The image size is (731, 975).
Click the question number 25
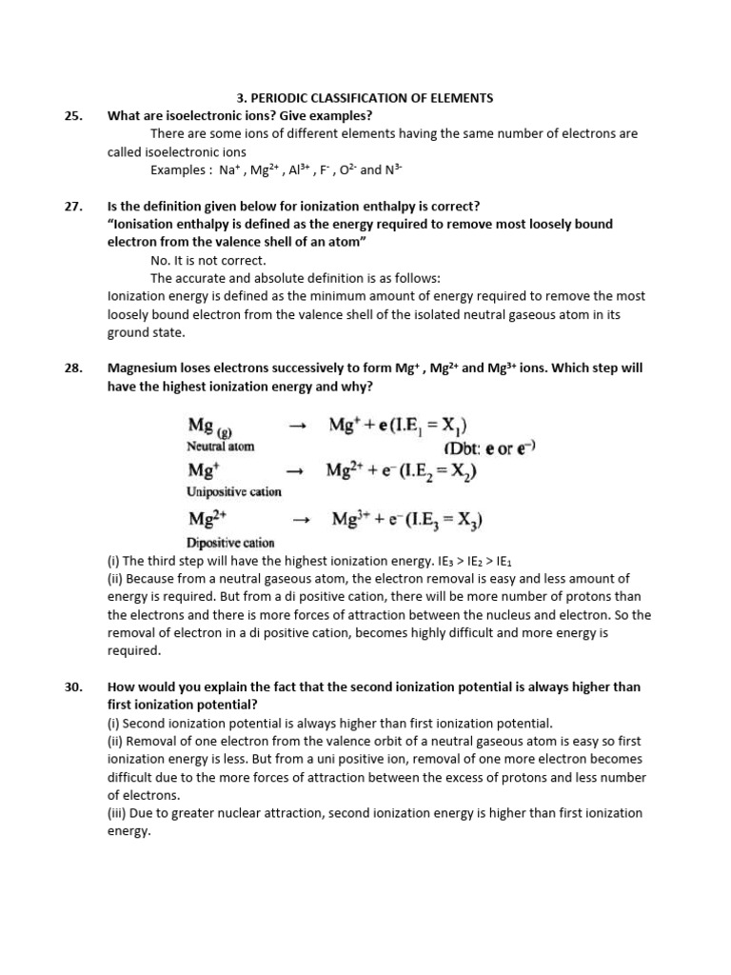pos(74,115)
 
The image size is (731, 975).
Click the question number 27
pos(74,206)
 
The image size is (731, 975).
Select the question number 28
pos(74,368)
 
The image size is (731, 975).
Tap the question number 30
pos(74,686)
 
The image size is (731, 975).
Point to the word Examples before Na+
pos(180,170)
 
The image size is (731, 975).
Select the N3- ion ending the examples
pos(393,170)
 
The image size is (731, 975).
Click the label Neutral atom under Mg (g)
pos(221,446)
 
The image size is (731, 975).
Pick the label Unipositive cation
pos(234,491)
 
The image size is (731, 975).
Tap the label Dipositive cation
pos(230,543)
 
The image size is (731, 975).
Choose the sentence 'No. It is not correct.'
pos(208,260)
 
